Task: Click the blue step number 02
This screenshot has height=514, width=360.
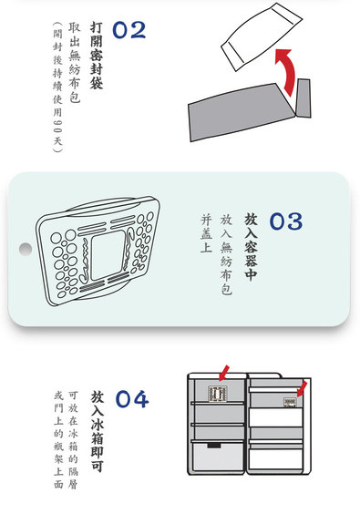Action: [129, 30]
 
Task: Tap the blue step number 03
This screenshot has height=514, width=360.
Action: [286, 221]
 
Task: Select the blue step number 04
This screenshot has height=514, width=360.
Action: [132, 399]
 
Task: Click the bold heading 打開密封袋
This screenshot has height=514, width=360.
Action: [97, 56]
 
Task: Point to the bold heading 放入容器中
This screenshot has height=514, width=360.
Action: [251, 247]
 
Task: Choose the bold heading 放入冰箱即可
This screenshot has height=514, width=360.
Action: [98, 431]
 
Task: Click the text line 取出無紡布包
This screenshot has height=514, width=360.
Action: [75, 62]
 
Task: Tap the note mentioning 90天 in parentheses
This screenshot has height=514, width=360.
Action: [57, 87]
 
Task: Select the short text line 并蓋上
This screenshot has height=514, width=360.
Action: [207, 233]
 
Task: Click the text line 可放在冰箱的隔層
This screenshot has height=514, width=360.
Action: [73, 439]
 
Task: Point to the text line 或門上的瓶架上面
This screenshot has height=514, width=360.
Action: [58, 439]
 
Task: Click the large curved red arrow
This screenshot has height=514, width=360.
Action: [286, 71]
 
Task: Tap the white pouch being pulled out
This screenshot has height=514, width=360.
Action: [262, 36]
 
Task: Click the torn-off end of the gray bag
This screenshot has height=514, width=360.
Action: [303, 98]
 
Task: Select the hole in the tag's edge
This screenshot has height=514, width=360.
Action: [26, 249]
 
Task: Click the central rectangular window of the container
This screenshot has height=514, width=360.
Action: [108, 255]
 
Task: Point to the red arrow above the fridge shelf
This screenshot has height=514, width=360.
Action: [224, 373]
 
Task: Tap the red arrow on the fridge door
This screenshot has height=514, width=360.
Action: [302, 388]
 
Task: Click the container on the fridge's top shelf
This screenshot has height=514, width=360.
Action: [218, 394]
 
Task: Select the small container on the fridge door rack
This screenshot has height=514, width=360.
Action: [290, 402]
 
